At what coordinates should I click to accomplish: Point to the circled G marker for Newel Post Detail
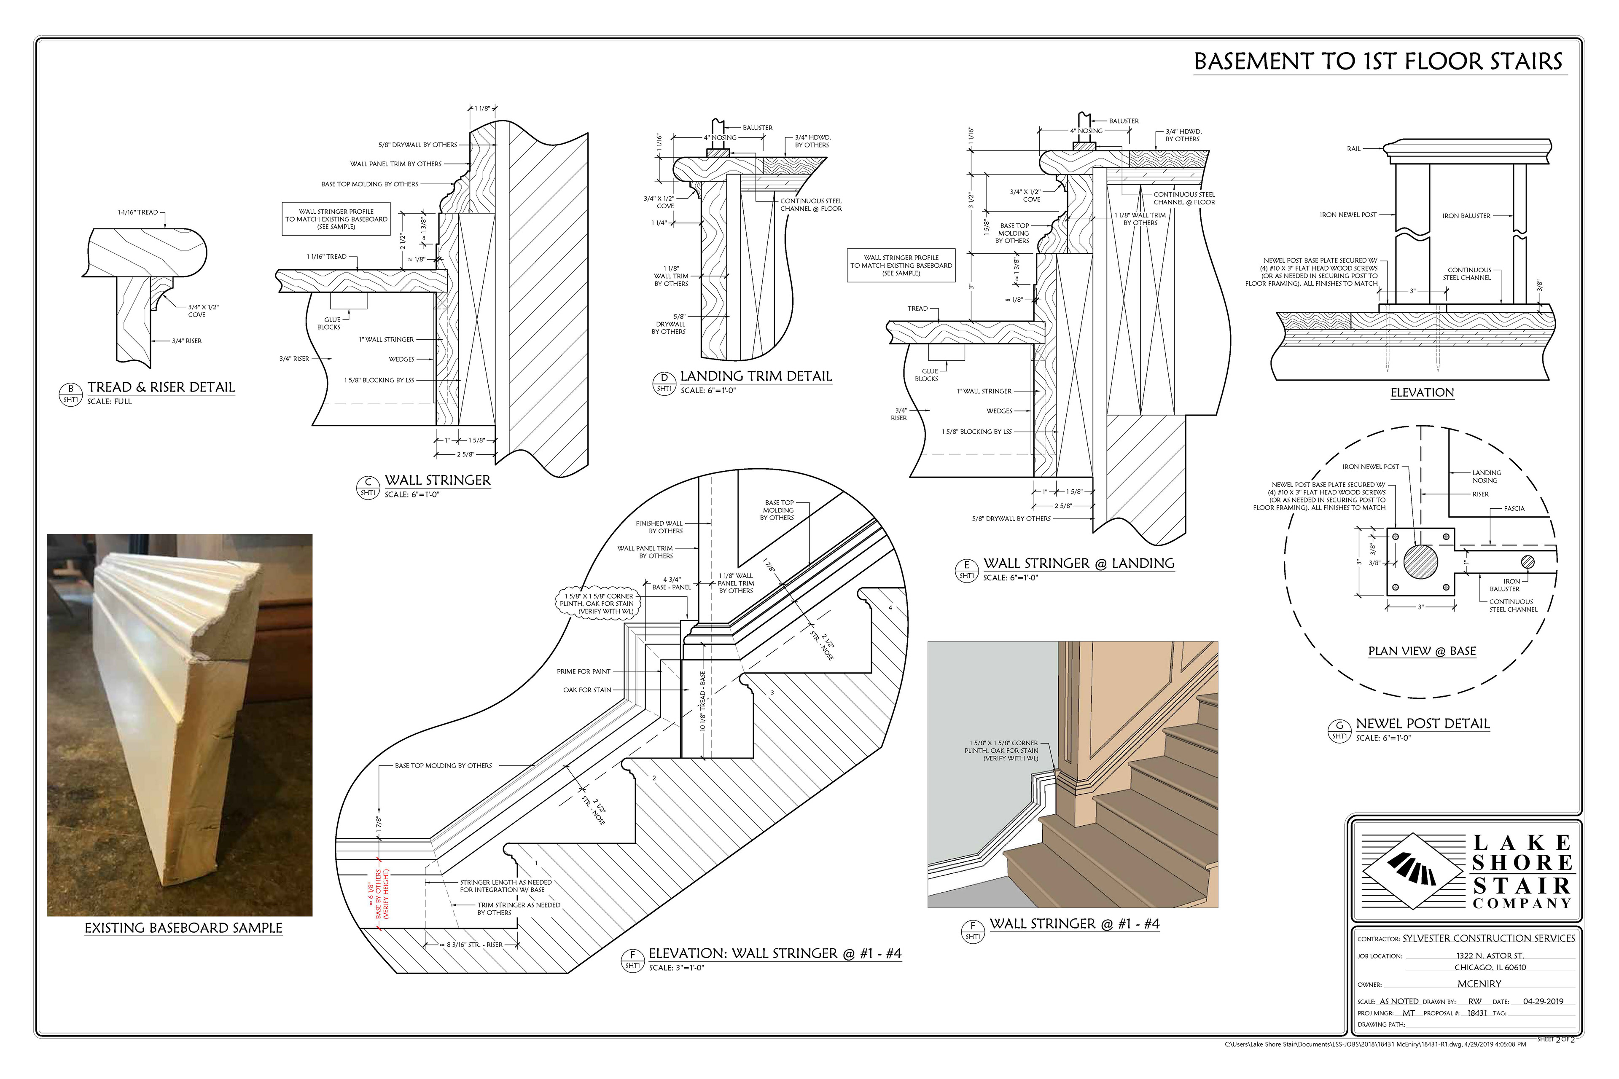1339,730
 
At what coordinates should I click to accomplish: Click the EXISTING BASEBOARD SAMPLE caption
183,928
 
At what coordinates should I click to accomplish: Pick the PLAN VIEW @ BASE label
1422,651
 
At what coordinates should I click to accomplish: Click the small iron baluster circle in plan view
1528,561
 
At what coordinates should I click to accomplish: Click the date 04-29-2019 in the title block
1543,1002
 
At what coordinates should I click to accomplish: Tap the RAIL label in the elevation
1353,149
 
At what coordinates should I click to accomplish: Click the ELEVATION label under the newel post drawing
1422,393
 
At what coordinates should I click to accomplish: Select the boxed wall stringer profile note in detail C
336,219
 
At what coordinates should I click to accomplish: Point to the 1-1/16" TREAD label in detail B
138,212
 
